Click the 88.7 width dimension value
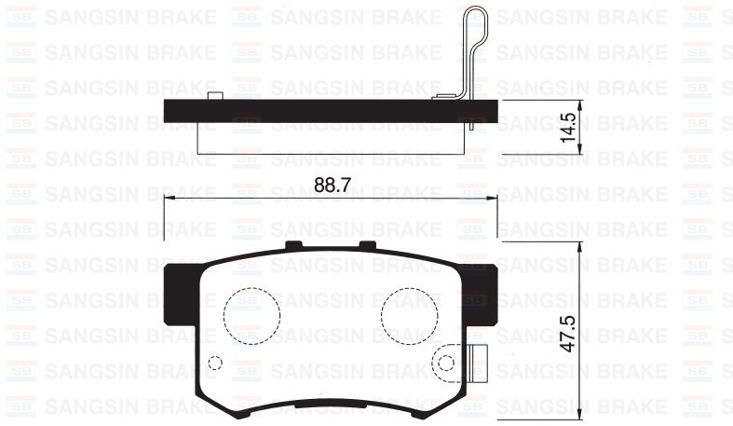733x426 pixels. (x=331, y=185)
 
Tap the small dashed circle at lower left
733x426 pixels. (x=214, y=363)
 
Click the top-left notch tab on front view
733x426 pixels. (x=294, y=245)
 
